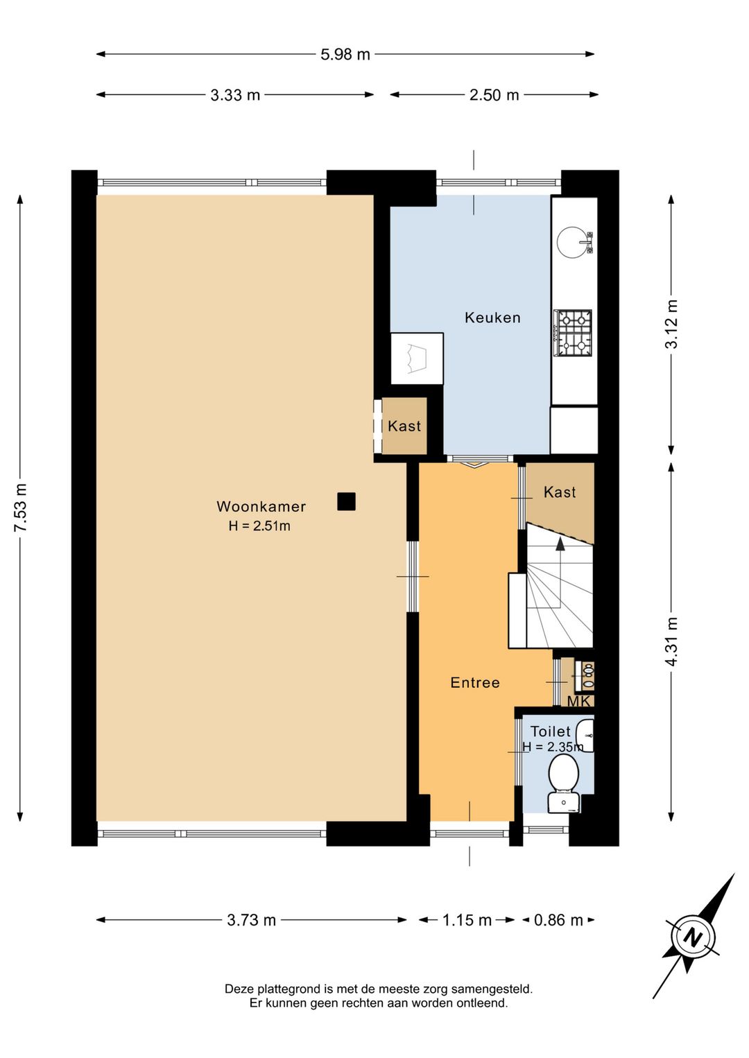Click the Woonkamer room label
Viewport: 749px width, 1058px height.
[x=261, y=506]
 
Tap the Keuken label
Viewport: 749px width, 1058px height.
[x=492, y=318]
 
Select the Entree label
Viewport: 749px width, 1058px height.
[x=475, y=682]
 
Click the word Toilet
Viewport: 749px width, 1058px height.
[x=551, y=731]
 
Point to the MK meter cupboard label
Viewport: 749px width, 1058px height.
[x=579, y=702]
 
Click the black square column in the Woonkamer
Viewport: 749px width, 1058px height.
[x=346, y=501]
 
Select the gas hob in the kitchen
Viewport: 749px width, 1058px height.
[x=573, y=333]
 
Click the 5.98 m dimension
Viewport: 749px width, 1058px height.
[x=345, y=54]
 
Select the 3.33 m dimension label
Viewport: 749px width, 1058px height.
[x=235, y=95]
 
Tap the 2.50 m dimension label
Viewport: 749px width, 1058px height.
[x=494, y=95]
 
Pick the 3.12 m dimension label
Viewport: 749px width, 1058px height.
[x=671, y=324]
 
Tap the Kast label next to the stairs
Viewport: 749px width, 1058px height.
[x=560, y=492]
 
